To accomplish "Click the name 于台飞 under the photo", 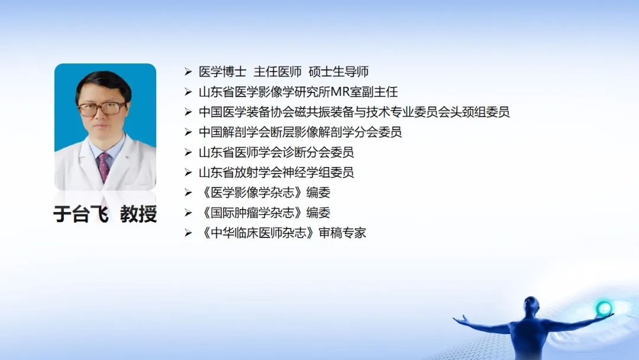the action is click(x=81, y=214).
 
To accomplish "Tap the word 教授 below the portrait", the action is click(x=138, y=214).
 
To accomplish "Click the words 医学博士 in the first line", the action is click(x=222, y=72).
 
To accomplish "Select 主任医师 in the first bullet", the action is click(x=277, y=72).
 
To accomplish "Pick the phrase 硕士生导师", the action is click(x=338, y=72).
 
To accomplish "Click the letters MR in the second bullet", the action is click(x=340, y=92).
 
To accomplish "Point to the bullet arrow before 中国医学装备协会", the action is click(x=188, y=112).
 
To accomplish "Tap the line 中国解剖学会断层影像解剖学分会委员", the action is click(x=301, y=132).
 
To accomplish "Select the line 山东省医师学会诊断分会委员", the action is click(x=276, y=153).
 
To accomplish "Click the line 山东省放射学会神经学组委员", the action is click(x=276, y=172).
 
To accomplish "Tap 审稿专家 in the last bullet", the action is click(x=343, y=233).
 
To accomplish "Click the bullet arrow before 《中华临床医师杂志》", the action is click(x=188, y=233).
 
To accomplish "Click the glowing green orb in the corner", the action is click(x=603, y=308).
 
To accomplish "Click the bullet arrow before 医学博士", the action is click(x=188, y=72).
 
